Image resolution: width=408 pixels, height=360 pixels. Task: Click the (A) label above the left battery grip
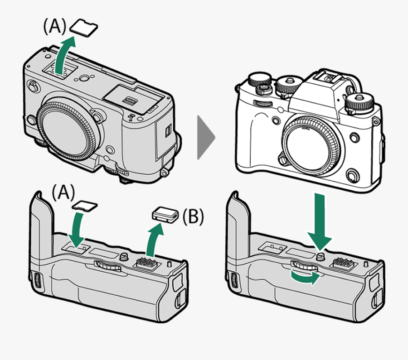(x=62, y=193)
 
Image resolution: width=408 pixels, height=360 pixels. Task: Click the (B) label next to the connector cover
(x=192, y=217)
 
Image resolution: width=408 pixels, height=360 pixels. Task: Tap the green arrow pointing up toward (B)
(x=152, y=240)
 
